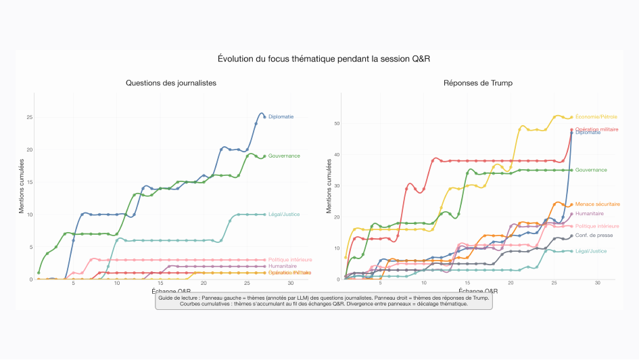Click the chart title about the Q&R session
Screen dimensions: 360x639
coord(324,60)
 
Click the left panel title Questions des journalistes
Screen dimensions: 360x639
coord(171,83)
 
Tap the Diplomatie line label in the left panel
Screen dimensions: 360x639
coord(281,116)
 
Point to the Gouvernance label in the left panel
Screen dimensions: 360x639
coord(285,156)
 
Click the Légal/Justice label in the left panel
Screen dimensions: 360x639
coord(284,215)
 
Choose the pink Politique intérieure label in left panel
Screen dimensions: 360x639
coord(290,260)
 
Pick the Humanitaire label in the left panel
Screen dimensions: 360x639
coord(283,267)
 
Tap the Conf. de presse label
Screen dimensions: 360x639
coord(594,235)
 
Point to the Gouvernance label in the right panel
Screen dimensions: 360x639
coord(591,170)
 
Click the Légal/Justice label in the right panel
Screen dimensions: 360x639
coord(590,251)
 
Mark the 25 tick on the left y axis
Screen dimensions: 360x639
coord(29,117)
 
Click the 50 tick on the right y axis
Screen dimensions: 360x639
coord(337,124)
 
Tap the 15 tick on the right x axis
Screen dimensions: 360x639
coord(467,283)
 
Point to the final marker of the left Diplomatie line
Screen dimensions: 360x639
coord(264,116)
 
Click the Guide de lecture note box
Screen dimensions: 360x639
coord(324,300)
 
